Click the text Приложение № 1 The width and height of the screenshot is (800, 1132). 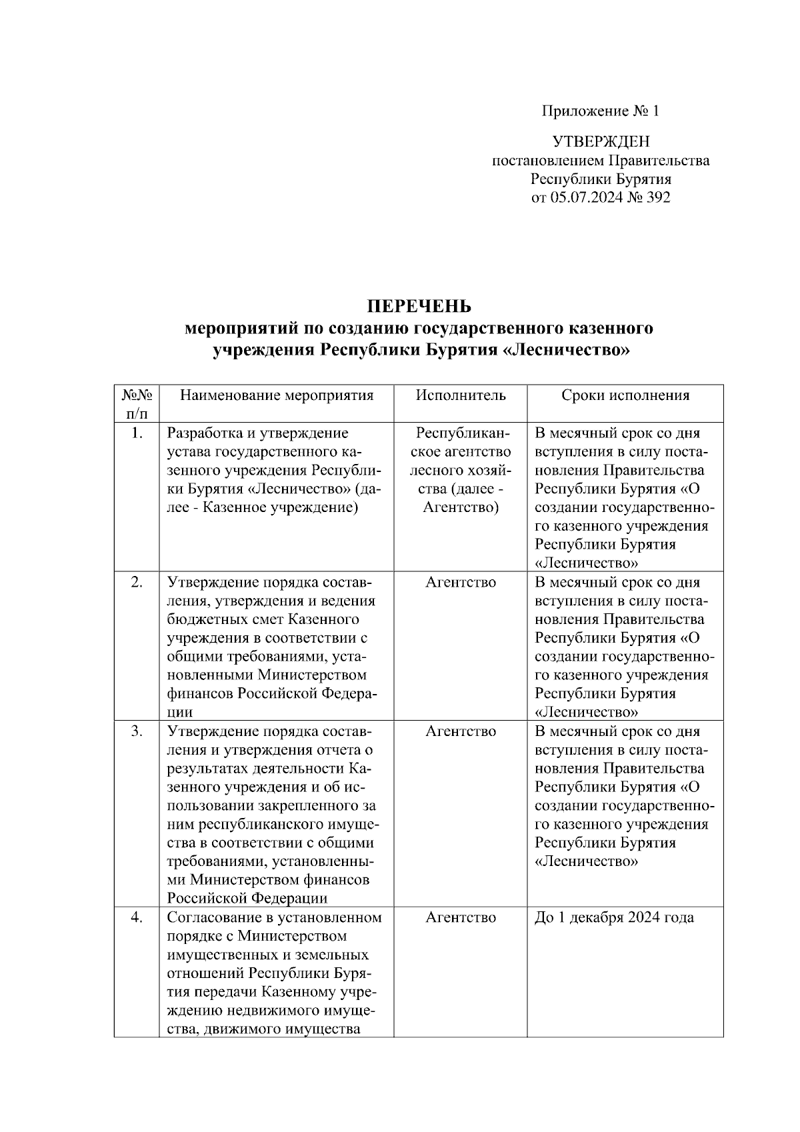600,111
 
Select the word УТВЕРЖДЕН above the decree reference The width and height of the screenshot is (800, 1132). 601,141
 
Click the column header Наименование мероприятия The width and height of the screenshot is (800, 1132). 277,395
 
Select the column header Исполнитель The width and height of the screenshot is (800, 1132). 461,395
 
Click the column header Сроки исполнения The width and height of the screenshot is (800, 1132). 625,395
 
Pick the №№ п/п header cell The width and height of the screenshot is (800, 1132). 136,403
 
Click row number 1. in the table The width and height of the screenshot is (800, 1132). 137,433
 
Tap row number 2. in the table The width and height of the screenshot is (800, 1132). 137,582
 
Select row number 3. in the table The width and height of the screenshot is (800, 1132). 137,731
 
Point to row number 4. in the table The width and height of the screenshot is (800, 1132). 137,917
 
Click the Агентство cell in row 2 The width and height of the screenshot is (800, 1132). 461,582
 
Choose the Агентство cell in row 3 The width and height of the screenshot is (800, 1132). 461,731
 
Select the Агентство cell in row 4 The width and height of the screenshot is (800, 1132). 461,917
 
